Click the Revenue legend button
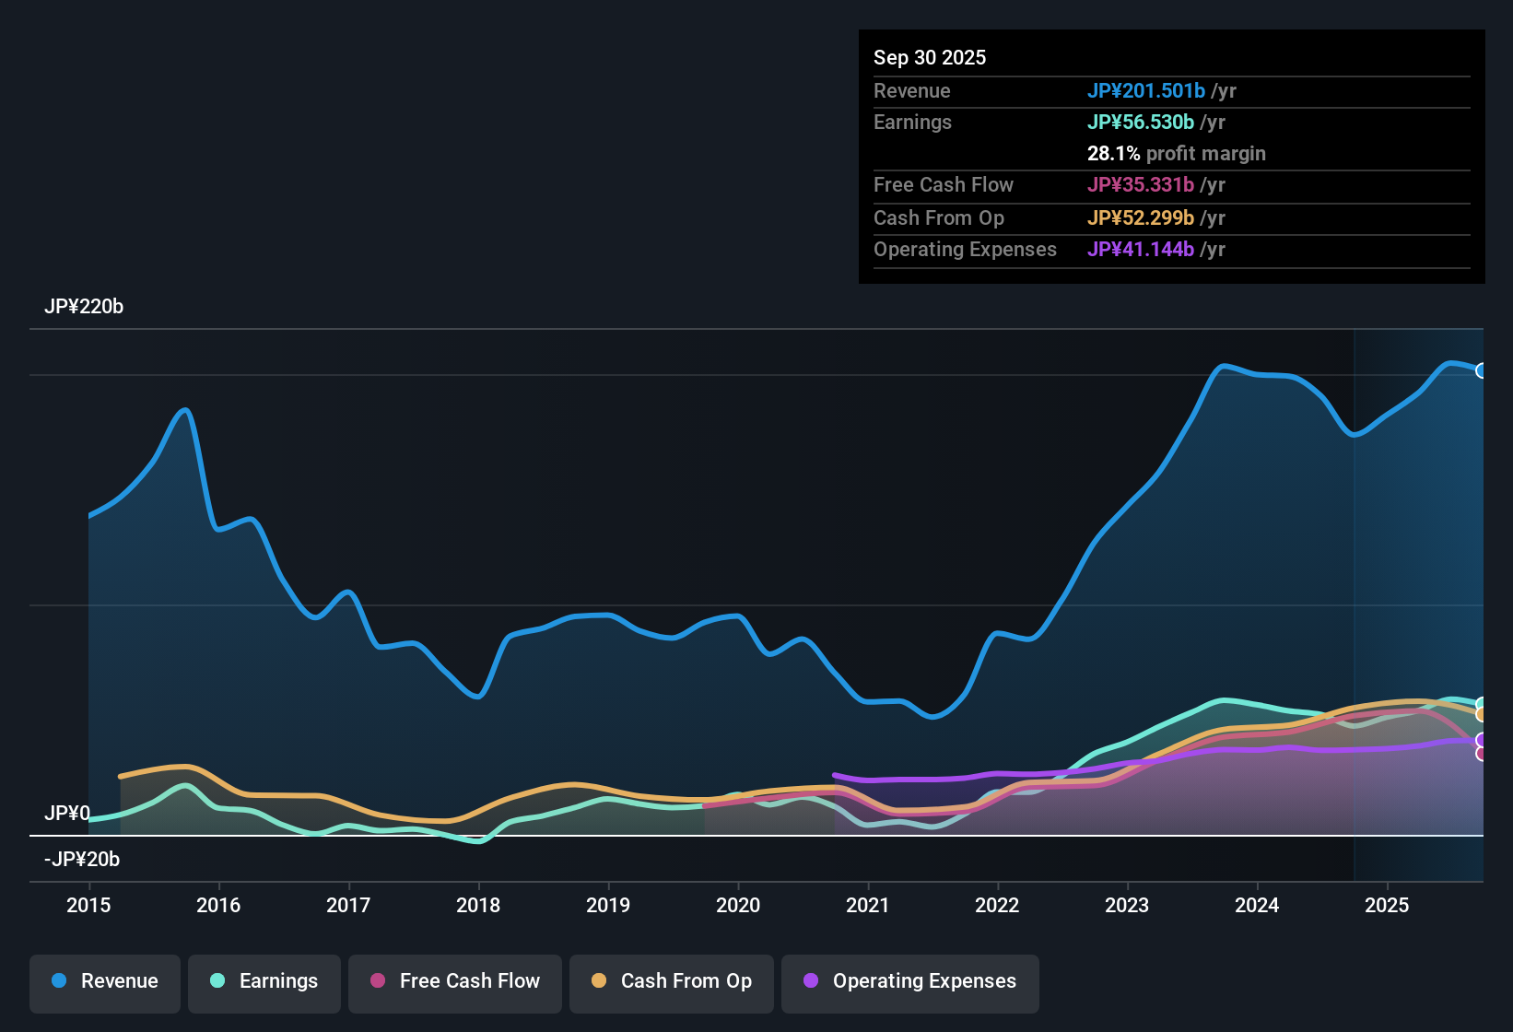[105, 981]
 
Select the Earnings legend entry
[264, 981]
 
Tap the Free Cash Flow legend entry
[455, 981]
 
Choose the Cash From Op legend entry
[672, 981]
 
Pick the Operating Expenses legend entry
[910, 981]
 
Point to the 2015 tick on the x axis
[88, 905]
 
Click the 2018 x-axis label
[478, 905]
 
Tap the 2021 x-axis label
[867, 905]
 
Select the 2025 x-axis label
[1386, 905]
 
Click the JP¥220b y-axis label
[84, 307]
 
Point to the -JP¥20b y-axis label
[82, 860]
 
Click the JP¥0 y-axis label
[67, 814]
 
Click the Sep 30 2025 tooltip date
[929, 58]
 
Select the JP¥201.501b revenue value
[1145, 91]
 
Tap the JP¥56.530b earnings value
[1140, 123]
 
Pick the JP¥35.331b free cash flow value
[1140, 185]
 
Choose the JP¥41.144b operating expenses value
[1140, 250]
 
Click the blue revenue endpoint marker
[1482, 370]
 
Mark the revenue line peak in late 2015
[186, 410]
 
